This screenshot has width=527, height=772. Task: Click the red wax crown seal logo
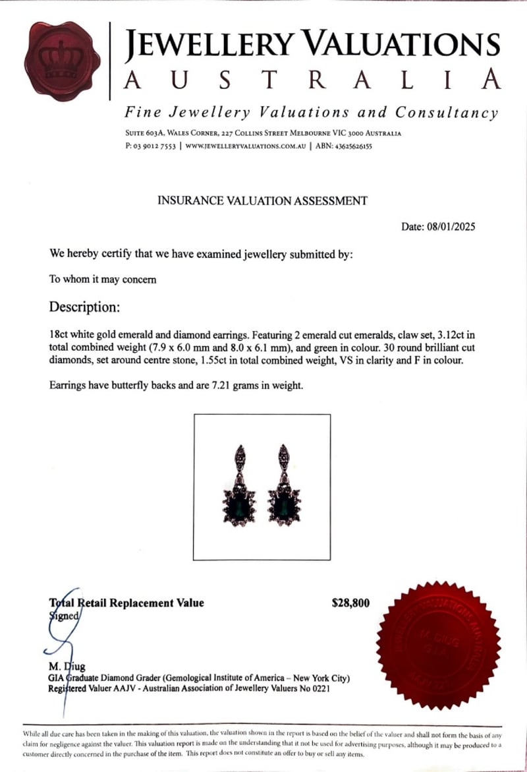tap(62, 58)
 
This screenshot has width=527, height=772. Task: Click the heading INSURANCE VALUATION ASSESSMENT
tap(262, 200)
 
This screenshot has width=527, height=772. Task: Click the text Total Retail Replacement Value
tap(127, 603)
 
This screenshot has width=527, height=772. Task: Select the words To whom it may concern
tap(103, 279)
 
